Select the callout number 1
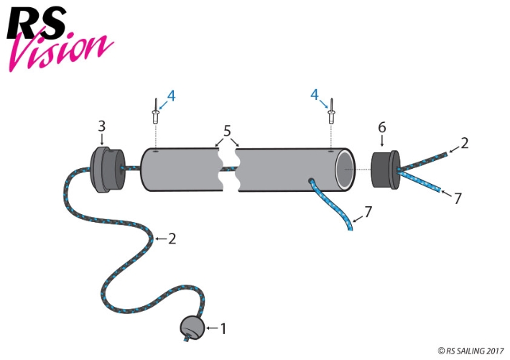[x=223, y=329]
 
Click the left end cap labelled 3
[x=107, y=170]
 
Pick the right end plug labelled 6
[x=386, y=170]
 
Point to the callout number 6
[x=382, y=127]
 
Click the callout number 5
[x=228, y=131]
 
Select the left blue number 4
[x=171, y=95]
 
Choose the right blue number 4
[x=315, y=95]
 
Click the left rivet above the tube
[x=154, y=111]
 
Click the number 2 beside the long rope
[x=172, y=239]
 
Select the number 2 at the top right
[x=465, y=143]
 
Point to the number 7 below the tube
[x=368, y=213]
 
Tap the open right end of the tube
[x=346, y=170]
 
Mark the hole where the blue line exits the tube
[x=311, y=181]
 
